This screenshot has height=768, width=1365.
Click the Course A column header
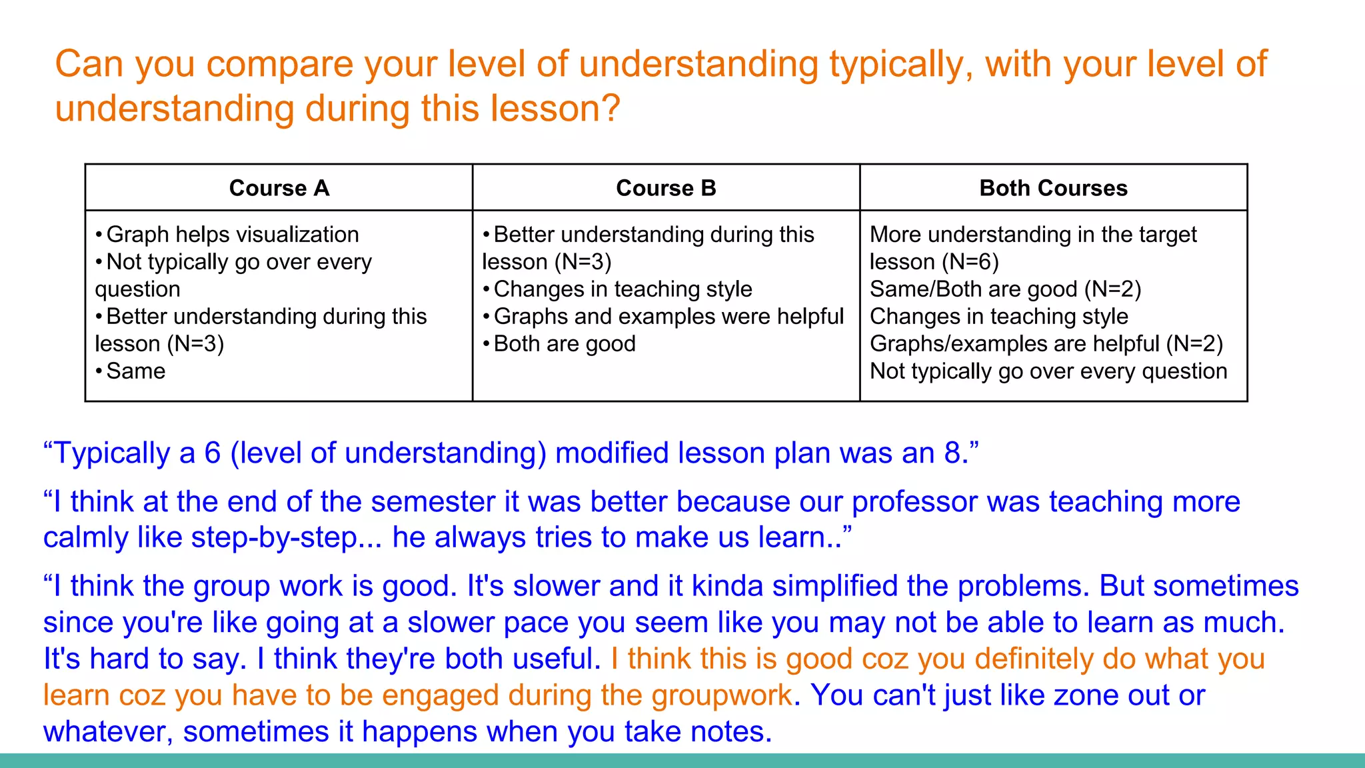pyautogui.click(x=279, y=188)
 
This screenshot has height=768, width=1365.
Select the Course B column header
pyautogui.click(x=666, y=188)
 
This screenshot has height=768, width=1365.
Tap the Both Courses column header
pyautogui.click(x=1053, y=188)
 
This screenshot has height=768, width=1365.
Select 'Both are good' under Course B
pyautogui.click(x=564, y=344)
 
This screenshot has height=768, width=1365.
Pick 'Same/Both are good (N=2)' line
pyautogui.click(x=1005, y=289)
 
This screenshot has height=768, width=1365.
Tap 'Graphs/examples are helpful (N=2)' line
pyautogui.click(x=1046, y=344)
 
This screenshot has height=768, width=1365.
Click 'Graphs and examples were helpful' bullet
pyautogui.click(x=668, y=317)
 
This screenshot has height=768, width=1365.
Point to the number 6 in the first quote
pyautogui.click(x=212, y=453)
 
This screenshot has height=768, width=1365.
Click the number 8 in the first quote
pyautogui.click(x=952, y=453)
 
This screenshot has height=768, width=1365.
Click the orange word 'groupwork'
pyautogui.click(x=721, y=695)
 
